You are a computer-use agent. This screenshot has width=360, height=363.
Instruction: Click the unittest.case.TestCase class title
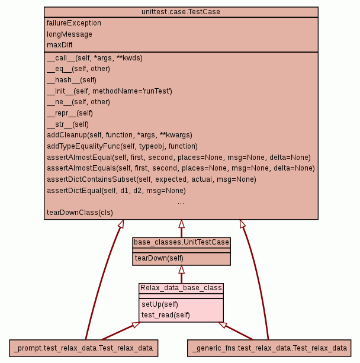pos(181,12)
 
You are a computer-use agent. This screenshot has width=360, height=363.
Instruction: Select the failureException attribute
pos(74,23)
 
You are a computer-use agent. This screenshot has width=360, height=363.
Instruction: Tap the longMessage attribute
pos(69,34)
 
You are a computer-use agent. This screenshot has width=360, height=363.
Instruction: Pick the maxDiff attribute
pos(60,45)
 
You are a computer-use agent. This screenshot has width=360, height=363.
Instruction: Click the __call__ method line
pos(94,58)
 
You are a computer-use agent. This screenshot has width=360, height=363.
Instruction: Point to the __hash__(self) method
pos(71,80)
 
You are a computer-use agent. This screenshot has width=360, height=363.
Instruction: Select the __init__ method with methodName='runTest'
pos(109,91)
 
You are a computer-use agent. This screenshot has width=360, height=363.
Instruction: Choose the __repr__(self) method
pos(69,113)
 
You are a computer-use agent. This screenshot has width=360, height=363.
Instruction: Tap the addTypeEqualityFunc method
pos(122,146)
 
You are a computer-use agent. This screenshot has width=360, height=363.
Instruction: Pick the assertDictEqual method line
pos(116,191)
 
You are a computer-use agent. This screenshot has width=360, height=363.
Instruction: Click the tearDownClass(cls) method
pos(79,212)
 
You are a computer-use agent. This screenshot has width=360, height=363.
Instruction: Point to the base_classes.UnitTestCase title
pos(181,242)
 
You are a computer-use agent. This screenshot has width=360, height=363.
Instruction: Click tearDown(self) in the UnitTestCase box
pos(159,258)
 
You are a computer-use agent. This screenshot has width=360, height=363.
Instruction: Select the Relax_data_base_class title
pos(181,288)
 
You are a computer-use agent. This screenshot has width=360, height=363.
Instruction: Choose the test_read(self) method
pos(165,315)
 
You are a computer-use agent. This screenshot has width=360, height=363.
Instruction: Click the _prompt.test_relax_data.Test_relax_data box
pos(83,348)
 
